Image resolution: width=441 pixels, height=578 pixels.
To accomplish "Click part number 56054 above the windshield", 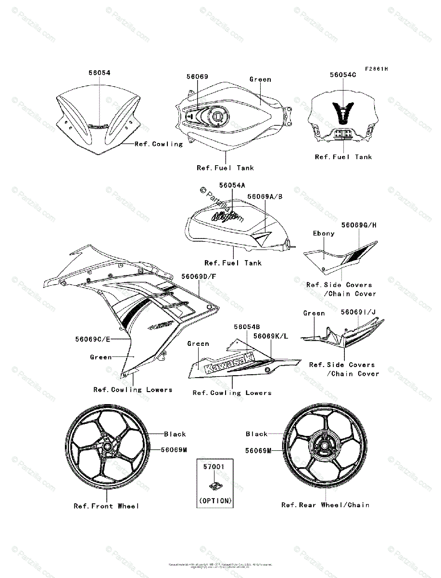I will pyautogui.click(x=99, y=73).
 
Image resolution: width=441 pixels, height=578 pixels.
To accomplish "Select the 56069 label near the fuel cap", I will pyautogui.click(x=197, y=77).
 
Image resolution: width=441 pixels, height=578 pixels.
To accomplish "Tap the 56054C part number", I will pyautogui.click(x=343, y=75).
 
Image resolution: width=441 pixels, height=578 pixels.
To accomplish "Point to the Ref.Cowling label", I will pyautogui.click(x=159, y=144).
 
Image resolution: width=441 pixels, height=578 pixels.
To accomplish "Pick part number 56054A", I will pyautogui.click(x=232, y=185).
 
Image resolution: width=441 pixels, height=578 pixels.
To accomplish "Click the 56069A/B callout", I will pyautogui.click(x=265, y=197).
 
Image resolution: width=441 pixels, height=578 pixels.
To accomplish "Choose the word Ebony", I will pyautogui.click(x=324, y=233).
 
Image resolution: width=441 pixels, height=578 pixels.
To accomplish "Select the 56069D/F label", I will pyautogui.click(x=199, y=276).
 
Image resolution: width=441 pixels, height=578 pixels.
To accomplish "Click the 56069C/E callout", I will pyautogui.click(x=93, y=339).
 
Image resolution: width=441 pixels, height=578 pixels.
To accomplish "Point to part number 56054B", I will pyautogui.click(x=247, y=327).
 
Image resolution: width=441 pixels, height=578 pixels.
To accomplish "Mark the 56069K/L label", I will pyautogui.click(x=271, y=336).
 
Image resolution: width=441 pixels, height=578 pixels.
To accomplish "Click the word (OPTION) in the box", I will pyautogui.click(x=215, y=501).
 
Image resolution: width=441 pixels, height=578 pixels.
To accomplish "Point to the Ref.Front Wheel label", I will pyautogui.click(x=106, y=506).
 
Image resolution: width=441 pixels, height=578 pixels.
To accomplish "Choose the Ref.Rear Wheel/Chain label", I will pyautogui.click(x=326, y=505).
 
